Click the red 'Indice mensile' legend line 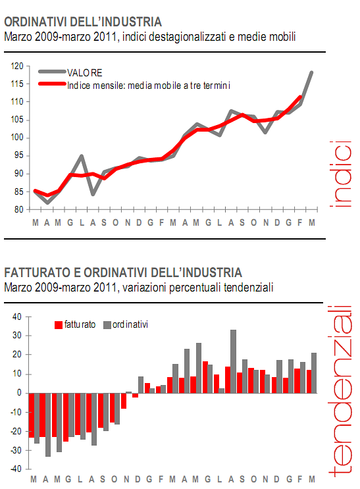(53, 84)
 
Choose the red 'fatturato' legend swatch (58, 324)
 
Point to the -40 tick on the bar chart (16, 469)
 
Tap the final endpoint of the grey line (311, 72)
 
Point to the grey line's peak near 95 (81, 156)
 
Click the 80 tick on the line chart (18, 209)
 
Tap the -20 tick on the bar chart (16, 431)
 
